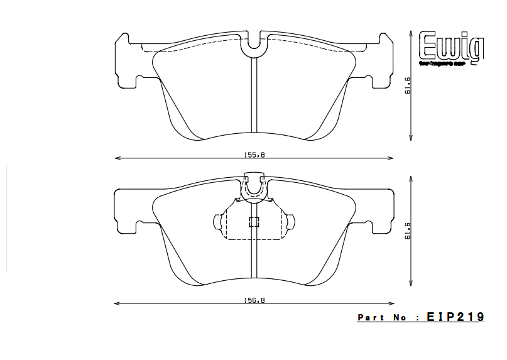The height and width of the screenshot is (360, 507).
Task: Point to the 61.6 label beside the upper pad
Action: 408,85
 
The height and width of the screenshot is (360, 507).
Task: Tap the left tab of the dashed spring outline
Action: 219,223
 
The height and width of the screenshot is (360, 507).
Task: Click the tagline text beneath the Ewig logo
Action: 450,65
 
